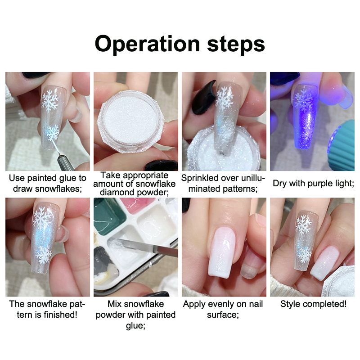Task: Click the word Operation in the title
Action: pyautogui.click(x=147, y=44)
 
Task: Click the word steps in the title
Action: pyautogui.click(x=236, y=44)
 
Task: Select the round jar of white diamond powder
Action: pyautogui.click(x=130, y=121)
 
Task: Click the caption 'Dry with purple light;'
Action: pyautogui.click(x=313, y=184)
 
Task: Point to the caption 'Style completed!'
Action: pyautogui.click(x=313, y=304)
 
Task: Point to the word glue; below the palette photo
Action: pyautogui.click(x=136, y=325)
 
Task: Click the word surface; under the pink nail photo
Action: pyautogui.click(x=223, y=315)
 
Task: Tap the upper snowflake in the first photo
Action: pyautogui.click(x=49, y=100)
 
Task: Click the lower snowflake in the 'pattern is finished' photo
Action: pyautogui.click(x=44, y=254)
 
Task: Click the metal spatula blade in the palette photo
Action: pyautogui.click(x=147, y=246)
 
